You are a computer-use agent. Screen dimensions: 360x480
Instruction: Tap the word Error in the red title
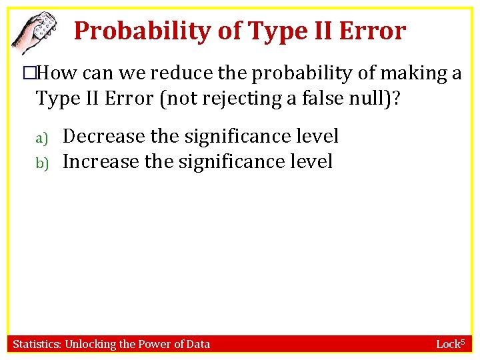point(373,31)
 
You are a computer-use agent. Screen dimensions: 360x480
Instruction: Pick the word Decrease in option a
point(103,137)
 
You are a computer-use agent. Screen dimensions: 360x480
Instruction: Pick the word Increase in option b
point(101,162)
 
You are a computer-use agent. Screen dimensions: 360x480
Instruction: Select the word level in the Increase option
point(309,162)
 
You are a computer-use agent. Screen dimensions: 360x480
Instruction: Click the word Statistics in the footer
point(36,344)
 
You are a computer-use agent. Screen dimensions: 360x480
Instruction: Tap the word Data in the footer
point(198,344)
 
